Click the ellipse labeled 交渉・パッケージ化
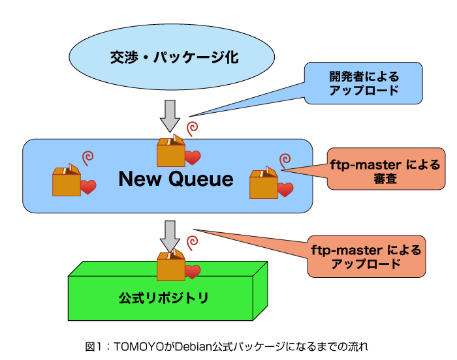(x=172, y=57)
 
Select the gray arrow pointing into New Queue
(x=170, y=116)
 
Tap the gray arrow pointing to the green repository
(x=170, y=236)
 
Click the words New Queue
(x=176, y=179)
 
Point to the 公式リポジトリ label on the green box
(x=163, y=298)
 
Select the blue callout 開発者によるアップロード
(x=364, y=83)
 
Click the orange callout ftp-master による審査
(x=386, y=169)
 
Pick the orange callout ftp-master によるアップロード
(x=366, y=256)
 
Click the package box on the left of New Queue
(x=67, y=180)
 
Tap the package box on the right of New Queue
(x=264, y=183)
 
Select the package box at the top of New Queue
(x=171, y=151)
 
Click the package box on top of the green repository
(x=171, y=265)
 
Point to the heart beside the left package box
(x=88, y=187)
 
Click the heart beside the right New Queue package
(x=285, y=190)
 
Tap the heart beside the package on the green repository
(x=193, y=272)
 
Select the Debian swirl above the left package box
(x=87, y=158)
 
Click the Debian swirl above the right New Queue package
(x=285, y=161)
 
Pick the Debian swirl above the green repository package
(x=193, y=243)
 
